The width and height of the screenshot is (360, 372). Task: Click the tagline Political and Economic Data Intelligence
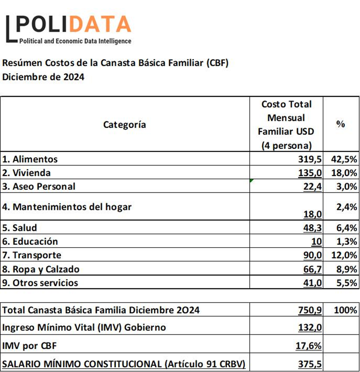75,41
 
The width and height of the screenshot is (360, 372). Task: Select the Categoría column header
124,124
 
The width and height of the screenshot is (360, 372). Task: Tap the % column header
340,124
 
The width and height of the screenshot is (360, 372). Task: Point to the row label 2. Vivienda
26,173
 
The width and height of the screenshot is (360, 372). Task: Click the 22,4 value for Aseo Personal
312,186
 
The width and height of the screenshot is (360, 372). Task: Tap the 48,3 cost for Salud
312,228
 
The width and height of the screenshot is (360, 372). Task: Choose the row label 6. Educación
30,242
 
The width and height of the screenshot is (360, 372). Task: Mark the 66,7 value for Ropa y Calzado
312,269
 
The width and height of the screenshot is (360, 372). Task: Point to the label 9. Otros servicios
40,283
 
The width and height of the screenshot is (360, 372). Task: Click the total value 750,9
310,310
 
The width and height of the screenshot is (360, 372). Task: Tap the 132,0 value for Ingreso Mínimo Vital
310,328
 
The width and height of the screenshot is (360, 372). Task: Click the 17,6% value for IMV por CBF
310,346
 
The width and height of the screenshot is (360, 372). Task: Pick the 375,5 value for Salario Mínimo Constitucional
310,364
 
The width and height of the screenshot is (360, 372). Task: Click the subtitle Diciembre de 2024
43,77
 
